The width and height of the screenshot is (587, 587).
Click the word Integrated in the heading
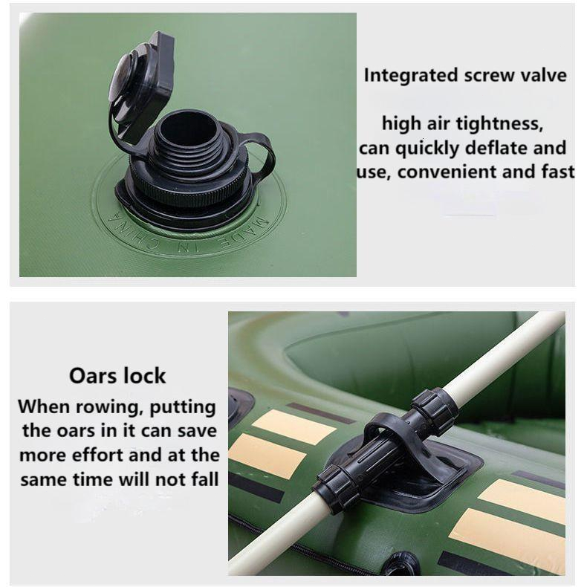411,76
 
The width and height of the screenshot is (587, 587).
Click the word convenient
447,172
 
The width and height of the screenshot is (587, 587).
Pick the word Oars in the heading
93,375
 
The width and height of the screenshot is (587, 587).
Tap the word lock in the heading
145,375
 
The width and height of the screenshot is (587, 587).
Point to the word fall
205,479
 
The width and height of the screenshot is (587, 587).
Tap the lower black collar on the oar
334,487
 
